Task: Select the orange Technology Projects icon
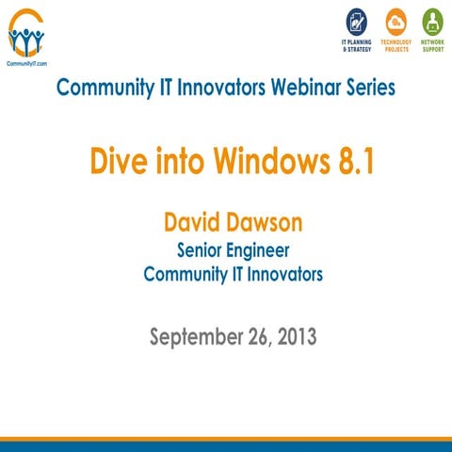tap(395, 22)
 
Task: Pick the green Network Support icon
tap(432, 22)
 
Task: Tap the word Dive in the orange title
tap(115, 161)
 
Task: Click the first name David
tap(195, 224)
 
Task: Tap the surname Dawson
tap(268, 224)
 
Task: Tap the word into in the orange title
tap(171, 161)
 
